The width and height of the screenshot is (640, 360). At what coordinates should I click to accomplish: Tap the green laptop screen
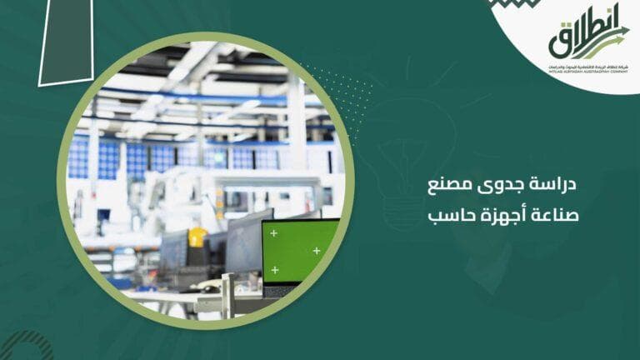(299, 249)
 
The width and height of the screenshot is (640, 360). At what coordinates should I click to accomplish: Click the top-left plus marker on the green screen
(273, 233)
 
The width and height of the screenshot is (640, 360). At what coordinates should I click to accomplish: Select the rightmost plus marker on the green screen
(317, 250)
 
